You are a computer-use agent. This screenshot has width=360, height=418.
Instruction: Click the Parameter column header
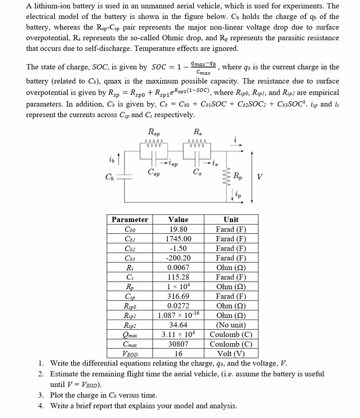[x=130, y=220]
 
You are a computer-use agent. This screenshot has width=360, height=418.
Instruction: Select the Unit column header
[x=231, y=220]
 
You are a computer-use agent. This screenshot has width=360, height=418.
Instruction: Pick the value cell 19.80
[x=178, y=229]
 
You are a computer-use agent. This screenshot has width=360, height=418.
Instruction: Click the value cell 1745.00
[x=178, y=239]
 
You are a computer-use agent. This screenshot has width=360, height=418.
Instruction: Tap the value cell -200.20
[x=178, y=258]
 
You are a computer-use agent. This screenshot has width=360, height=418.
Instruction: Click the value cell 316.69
[x=178, y=296]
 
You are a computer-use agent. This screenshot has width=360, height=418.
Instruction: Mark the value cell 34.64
[x=178, y=325]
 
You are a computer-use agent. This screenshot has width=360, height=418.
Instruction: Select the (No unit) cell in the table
[x=231, y=325]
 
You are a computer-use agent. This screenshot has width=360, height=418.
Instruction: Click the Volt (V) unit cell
[x=231, y=354]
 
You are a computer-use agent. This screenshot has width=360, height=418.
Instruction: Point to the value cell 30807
[x=178, y=344]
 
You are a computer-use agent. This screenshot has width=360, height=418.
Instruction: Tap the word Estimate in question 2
[x=64, y=374]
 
